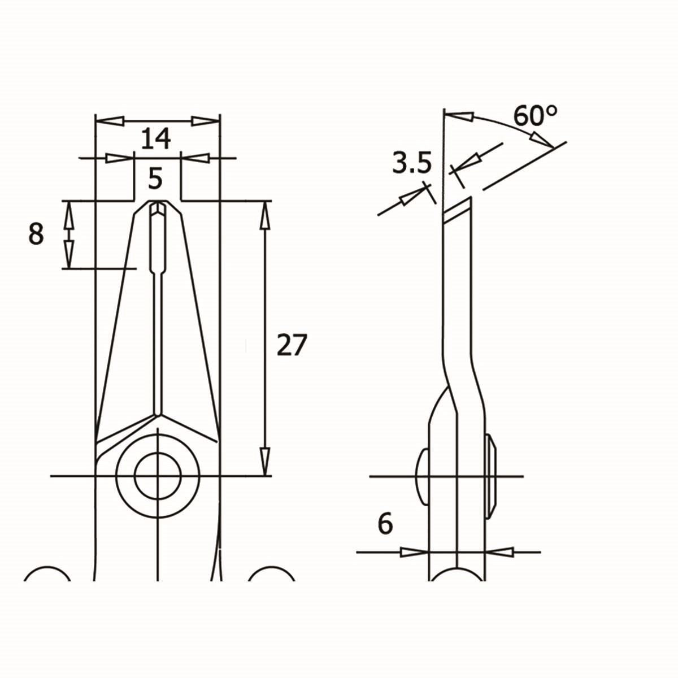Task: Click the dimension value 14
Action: [x=155, y=138]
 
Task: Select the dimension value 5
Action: [x=155, y=179]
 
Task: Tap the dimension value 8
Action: [x=36, y=234]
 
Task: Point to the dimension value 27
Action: [x=292, y=345]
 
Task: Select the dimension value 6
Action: [x=385, y=524]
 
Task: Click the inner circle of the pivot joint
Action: [x=158, y=476]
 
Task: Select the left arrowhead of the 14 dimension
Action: [x=111, y=121]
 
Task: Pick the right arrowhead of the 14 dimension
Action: [x=204, y=121]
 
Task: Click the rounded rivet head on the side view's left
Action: [x=422, y=476]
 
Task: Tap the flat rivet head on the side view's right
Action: [x=491, y=476]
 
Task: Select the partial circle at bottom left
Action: [x=48, y=573]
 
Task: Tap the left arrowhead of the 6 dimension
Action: [x=414, y=551]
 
